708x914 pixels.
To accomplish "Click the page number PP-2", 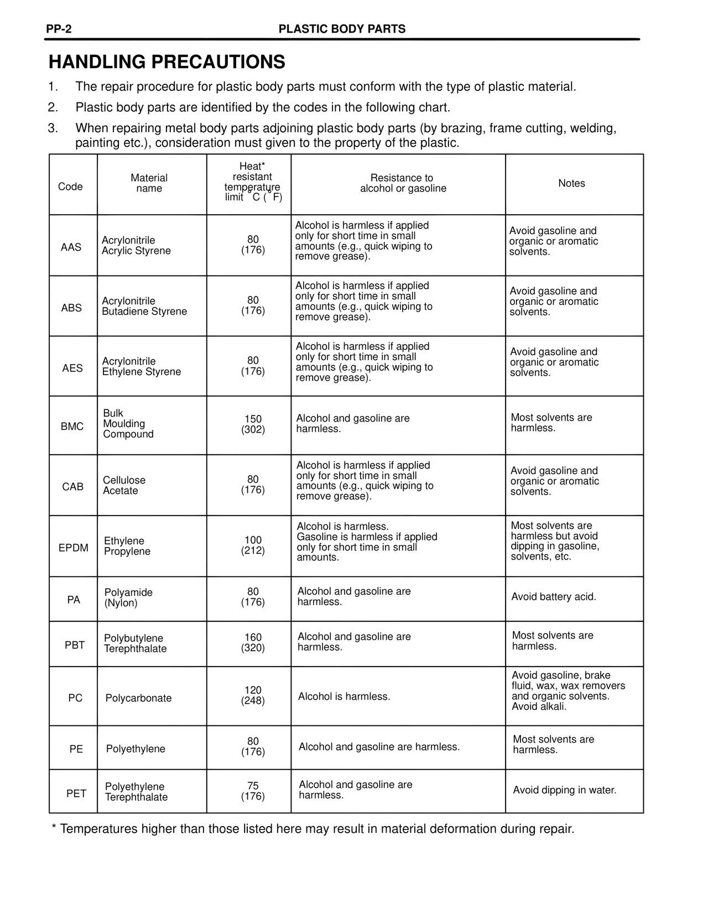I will pos(59,29).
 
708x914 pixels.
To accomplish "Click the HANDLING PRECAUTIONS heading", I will pos(166,62).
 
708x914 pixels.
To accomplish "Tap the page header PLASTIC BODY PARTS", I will pos(342,29).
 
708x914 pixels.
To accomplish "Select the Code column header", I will pos(70,186).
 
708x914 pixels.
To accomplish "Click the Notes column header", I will pos(571,184).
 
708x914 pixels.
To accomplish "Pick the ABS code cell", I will pos(71,308).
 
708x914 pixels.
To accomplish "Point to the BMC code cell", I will pos(72,427).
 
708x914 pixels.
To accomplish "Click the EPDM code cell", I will pos(74,548).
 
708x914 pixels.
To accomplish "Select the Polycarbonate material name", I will pos(138,698).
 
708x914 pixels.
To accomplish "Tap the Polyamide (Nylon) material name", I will pos(128,598).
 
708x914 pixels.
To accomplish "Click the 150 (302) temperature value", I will pos(253,424).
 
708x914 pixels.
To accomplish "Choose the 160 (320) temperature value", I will pos(253,643).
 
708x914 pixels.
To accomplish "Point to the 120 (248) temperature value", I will pos(253,695).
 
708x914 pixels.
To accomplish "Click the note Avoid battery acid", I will pos(554,597).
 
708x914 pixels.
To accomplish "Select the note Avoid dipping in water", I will pos(564,790).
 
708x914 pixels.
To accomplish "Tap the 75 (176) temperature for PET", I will pos(253,792).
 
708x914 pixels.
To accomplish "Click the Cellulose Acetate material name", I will pos(124,485).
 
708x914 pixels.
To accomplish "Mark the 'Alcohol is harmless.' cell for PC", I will pos(344,697).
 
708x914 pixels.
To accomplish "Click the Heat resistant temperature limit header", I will pos(253,182).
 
